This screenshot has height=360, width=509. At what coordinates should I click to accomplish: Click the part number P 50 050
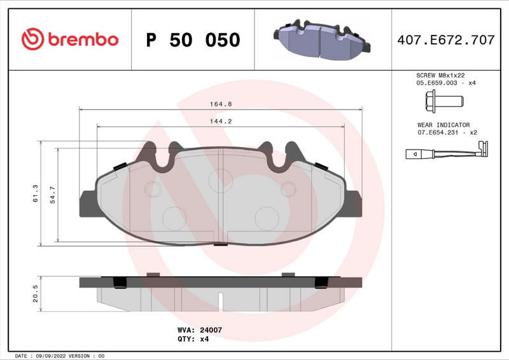tap(193, 40)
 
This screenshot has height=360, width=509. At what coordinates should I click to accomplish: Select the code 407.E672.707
tap(445, 40)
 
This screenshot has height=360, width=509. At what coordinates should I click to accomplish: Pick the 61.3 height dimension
tap(36, 193)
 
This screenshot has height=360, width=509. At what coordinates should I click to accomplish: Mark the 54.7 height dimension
tap(53, 193)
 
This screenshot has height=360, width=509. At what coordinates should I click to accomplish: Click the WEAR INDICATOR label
tap(443, 125)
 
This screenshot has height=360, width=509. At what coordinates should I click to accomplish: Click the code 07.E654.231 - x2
tap(447, 132)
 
